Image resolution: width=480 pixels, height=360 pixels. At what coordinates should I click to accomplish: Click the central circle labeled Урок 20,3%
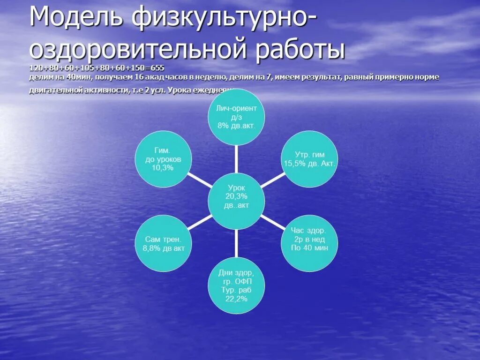236,201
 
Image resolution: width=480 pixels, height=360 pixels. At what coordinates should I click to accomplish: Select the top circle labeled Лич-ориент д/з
236,117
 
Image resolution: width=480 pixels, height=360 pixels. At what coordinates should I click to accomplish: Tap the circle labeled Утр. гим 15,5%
309,159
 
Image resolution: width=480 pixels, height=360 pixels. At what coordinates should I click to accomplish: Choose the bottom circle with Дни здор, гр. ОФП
236,285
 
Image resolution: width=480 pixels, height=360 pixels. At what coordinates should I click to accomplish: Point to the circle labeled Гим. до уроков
163,159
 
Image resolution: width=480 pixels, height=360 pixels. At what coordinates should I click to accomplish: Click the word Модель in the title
76,19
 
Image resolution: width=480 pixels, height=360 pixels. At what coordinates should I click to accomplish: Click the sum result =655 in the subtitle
155,67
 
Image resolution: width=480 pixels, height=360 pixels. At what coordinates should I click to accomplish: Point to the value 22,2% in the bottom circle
236,299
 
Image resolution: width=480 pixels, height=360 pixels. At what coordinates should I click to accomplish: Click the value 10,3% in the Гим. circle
163,168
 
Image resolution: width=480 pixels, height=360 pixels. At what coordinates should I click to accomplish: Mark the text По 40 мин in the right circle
309,248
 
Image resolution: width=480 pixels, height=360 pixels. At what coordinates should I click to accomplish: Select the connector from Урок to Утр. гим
273,180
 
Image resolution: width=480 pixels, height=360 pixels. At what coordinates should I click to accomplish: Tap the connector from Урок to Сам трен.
200,222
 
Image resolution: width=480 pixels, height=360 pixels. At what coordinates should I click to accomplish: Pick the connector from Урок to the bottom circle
236,243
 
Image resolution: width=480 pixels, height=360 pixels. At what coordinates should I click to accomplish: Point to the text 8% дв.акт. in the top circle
236,125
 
